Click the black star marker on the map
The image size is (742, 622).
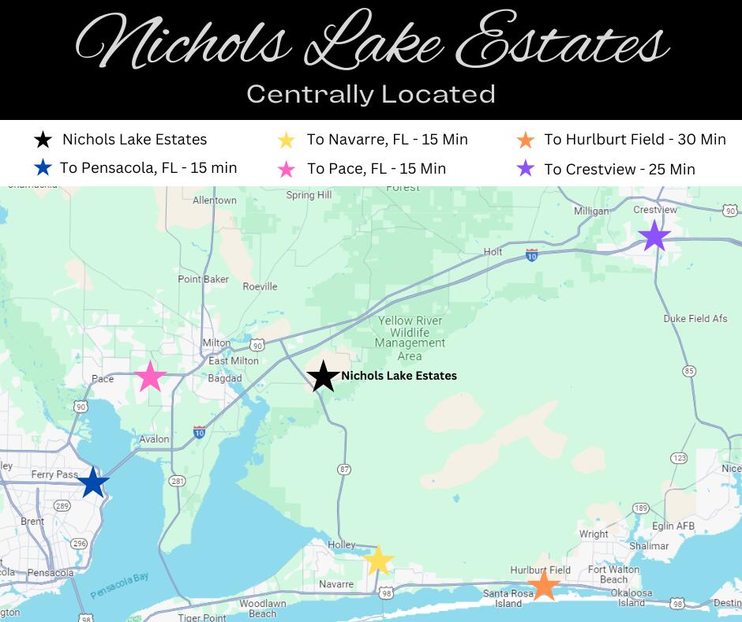coord(322,377)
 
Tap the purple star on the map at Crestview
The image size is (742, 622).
coord(654,236)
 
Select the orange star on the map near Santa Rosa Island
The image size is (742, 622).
coord(543,586)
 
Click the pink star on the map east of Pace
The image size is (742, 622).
coord(150,377)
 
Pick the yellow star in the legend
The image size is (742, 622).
coord(287,140)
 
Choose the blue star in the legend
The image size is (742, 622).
coord(43,168)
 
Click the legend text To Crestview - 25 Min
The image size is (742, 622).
coord(620,169)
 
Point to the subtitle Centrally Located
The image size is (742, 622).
coord(371,93)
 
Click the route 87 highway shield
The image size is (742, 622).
coord(343,470)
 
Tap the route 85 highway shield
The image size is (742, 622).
coord(689,371)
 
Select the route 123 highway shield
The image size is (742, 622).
coord(679,458)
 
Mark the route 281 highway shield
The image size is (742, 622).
coord(177,481)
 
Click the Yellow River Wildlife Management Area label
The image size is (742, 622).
coord(410,338)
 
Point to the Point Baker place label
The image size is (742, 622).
coord(203,279)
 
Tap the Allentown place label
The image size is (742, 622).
coord(215,200)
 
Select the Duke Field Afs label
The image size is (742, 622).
coord(695,319)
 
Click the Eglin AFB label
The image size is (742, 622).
coord(673,526)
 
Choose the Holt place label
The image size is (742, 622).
coord(493,252)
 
